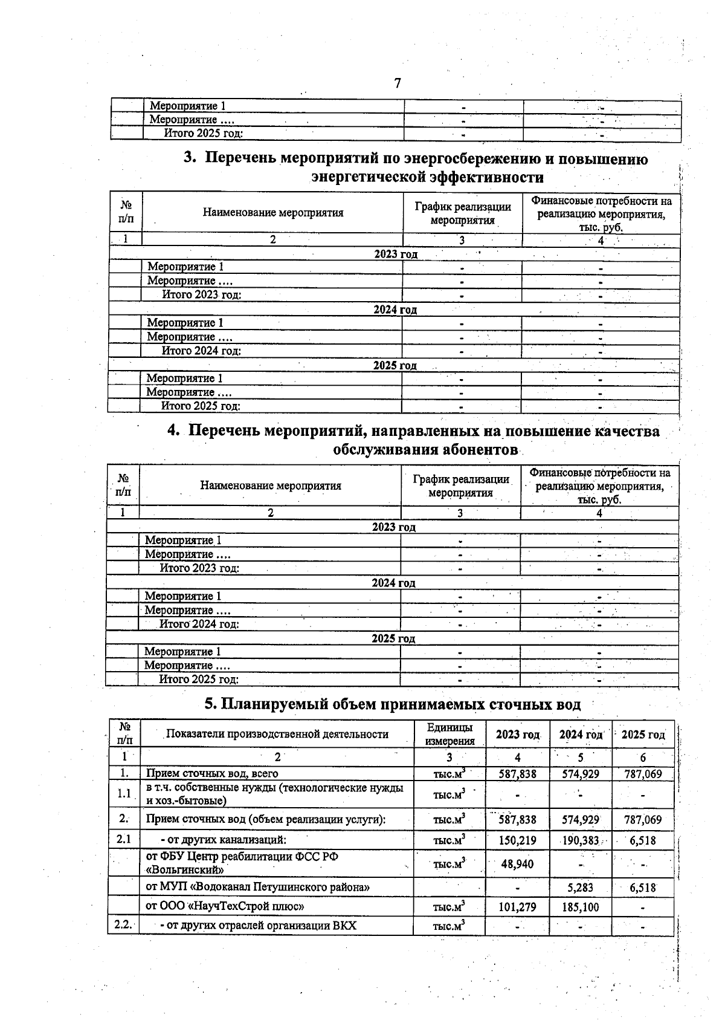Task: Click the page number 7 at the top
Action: pyautogui.click(x=397, y=83)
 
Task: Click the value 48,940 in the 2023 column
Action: pyautogui.click(x=517, y=864)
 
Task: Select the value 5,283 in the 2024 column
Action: pyautogui.click(x=580, y=888)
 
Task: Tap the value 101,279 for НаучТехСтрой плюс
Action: pyautogui.click(x=517, y=907)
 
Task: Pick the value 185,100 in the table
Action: pyautogui.click(x=580, y=907)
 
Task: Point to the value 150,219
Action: pyautogui.click(x=517, y=840)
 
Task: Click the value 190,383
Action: pyautogui.click(x=580, y=840)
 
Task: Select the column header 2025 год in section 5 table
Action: pyautogui.click(x=643, y=735)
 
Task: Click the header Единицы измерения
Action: pyautogui.click(x=449, y=734)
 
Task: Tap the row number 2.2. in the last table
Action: pyautogui.click(x=123, y=925)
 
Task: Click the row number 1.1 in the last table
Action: pyautogui.click(x=124, y=794)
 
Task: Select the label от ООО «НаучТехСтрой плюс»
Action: pyautogui.click(x=225, y=906)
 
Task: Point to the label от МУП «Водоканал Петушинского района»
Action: pyautogui.click(x=257, y=887)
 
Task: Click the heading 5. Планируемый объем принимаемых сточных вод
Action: pyautogui.click(x=392, y=704)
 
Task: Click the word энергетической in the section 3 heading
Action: pyautogui.click(x=368, y=177)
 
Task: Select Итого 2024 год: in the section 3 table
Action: pyautogui.click(x=201, y=351)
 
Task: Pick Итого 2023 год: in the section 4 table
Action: pyautogui.click(x=199, y=568)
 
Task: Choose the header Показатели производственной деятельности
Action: pyautogui.click(x=277, y=734)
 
